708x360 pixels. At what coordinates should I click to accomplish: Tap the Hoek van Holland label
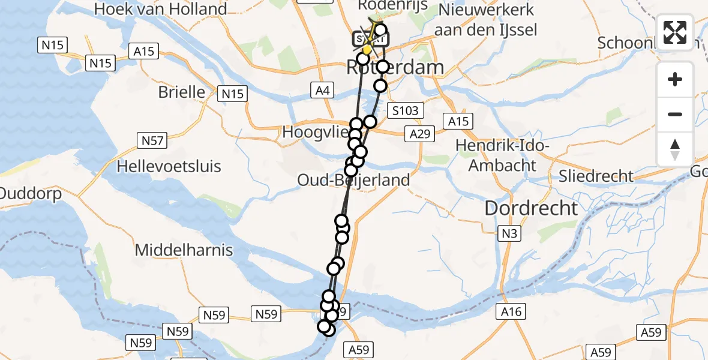161,9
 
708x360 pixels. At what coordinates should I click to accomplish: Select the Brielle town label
181,92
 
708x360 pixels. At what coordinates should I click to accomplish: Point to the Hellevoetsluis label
169,166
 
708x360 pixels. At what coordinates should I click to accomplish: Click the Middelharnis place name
184,250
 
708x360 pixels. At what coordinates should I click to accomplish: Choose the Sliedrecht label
596,176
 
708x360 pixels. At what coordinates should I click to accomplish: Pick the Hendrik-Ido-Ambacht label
502,155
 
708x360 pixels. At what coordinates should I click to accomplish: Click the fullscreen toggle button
675,32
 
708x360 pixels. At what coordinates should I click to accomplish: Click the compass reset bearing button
675,149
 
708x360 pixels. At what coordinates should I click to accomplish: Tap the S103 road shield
406,110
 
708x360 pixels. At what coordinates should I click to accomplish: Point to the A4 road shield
322,91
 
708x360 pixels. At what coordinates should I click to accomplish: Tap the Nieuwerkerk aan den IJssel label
487,19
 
